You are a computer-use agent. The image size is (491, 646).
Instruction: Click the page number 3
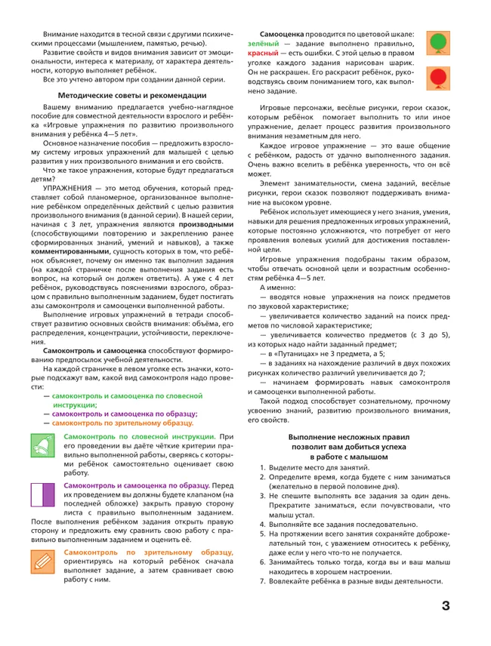click(x=446, y=605)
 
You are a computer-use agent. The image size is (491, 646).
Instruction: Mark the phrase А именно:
click(x=278, y=289)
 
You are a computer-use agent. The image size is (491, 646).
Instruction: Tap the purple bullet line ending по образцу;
click(x=125, y=414)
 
